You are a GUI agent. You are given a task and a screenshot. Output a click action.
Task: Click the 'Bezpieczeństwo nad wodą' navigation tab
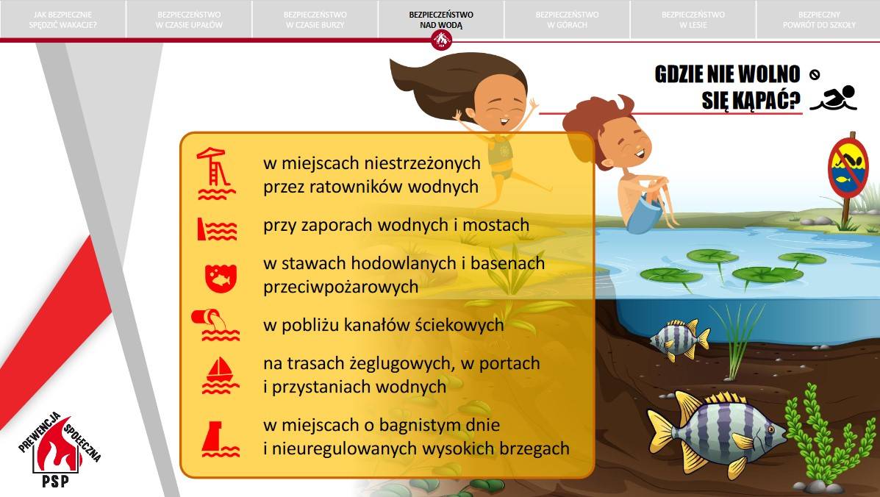(441, 20)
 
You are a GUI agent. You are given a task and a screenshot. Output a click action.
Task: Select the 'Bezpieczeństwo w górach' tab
(567, 20)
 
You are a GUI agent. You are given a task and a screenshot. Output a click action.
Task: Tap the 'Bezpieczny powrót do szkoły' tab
(819, 20)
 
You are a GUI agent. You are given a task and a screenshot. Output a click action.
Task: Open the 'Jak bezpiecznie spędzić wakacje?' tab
(63, 20)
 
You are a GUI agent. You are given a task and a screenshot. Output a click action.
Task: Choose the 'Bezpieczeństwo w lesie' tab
(693, 20)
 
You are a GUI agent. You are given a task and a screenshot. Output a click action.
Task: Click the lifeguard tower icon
(215, 174)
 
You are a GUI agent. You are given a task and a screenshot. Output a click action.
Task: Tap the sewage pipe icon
(216, 325)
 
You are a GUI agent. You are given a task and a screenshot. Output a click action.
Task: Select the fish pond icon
(221, 278)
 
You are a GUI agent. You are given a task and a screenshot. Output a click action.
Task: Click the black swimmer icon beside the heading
(834, 99)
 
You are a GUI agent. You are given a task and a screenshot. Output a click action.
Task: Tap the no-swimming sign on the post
(848, 168)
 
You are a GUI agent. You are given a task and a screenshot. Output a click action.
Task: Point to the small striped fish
(679, 339)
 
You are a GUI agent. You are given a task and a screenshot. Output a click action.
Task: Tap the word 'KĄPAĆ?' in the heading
(751, 101)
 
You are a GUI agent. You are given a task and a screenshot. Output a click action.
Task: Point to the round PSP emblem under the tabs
(442, 40)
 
